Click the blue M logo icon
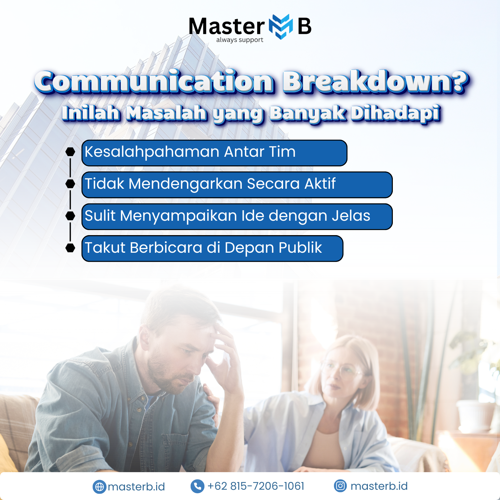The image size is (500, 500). [281, 27]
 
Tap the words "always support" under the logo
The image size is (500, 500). [240, 40]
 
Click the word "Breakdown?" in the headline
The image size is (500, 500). [376, 82]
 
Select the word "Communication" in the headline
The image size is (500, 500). [154, 82]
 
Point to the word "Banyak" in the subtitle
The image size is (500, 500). [307, 114]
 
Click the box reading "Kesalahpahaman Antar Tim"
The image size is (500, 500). [214, 153]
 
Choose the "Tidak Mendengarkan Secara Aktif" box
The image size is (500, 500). [237, 185]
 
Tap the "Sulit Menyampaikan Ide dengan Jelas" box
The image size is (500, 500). [237, 217]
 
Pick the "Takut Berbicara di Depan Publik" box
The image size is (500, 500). [212, 249]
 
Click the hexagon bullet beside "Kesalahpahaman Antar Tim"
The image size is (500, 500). [70, 152]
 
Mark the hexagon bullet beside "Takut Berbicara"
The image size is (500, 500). [70, 248]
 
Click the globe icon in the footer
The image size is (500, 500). [99, 487]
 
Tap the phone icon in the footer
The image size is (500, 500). [197, 486]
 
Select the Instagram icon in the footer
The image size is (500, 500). [340, 486]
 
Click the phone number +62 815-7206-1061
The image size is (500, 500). [256, 486]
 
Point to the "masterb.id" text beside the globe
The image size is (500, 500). [136, 487]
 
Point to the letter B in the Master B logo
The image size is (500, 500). [305, 26]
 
